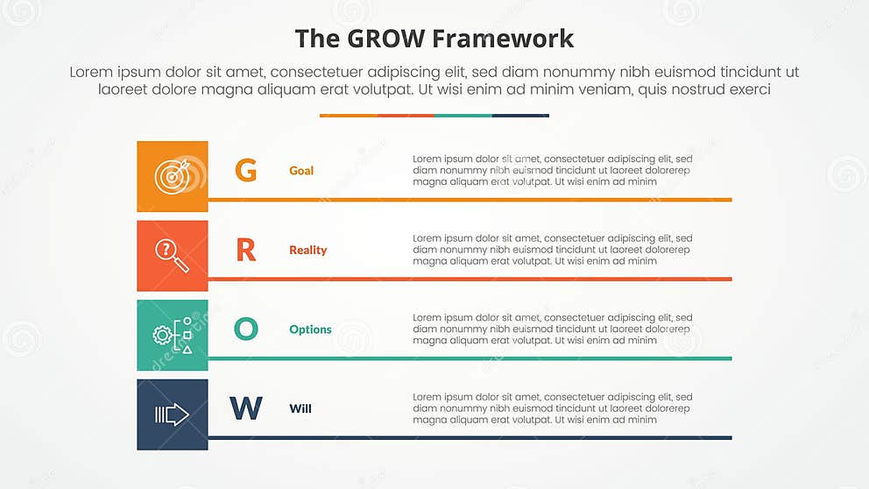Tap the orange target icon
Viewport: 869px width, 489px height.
pyautogui.click(x=172, y=176)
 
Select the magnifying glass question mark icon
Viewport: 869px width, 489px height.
pyautogui.click(x=172, y=255)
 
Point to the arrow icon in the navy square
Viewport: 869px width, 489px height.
pyautogui.click(x=172, y=415)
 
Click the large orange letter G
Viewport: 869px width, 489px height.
pyautogui.click(x=246, y=170)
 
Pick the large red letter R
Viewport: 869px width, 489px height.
pyautogui.click(x=246, y=250)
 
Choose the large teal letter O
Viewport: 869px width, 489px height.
pyautogui.click(x=246, y=330)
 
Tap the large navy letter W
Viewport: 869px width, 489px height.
pyautogui.click(x=246, y=408)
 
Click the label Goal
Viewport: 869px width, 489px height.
pyautogui.click(x=301, y=171)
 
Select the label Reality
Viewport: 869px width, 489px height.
pyautogui.click(x=307, y=250)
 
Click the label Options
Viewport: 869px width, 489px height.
pyautogui.click(x=310, y=330)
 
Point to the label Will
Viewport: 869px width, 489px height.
pyautogui.click(x=300, y=408)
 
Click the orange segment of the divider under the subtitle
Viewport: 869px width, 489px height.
pyautogui.click(x=348, y=115)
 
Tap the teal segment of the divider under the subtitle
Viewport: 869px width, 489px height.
pyautogui.click(x=463, y=115)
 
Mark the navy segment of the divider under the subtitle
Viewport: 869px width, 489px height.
pyautogui.click(x=520, y=115)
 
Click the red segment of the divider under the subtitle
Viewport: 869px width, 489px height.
pyautogui.click(x=406, y=115)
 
